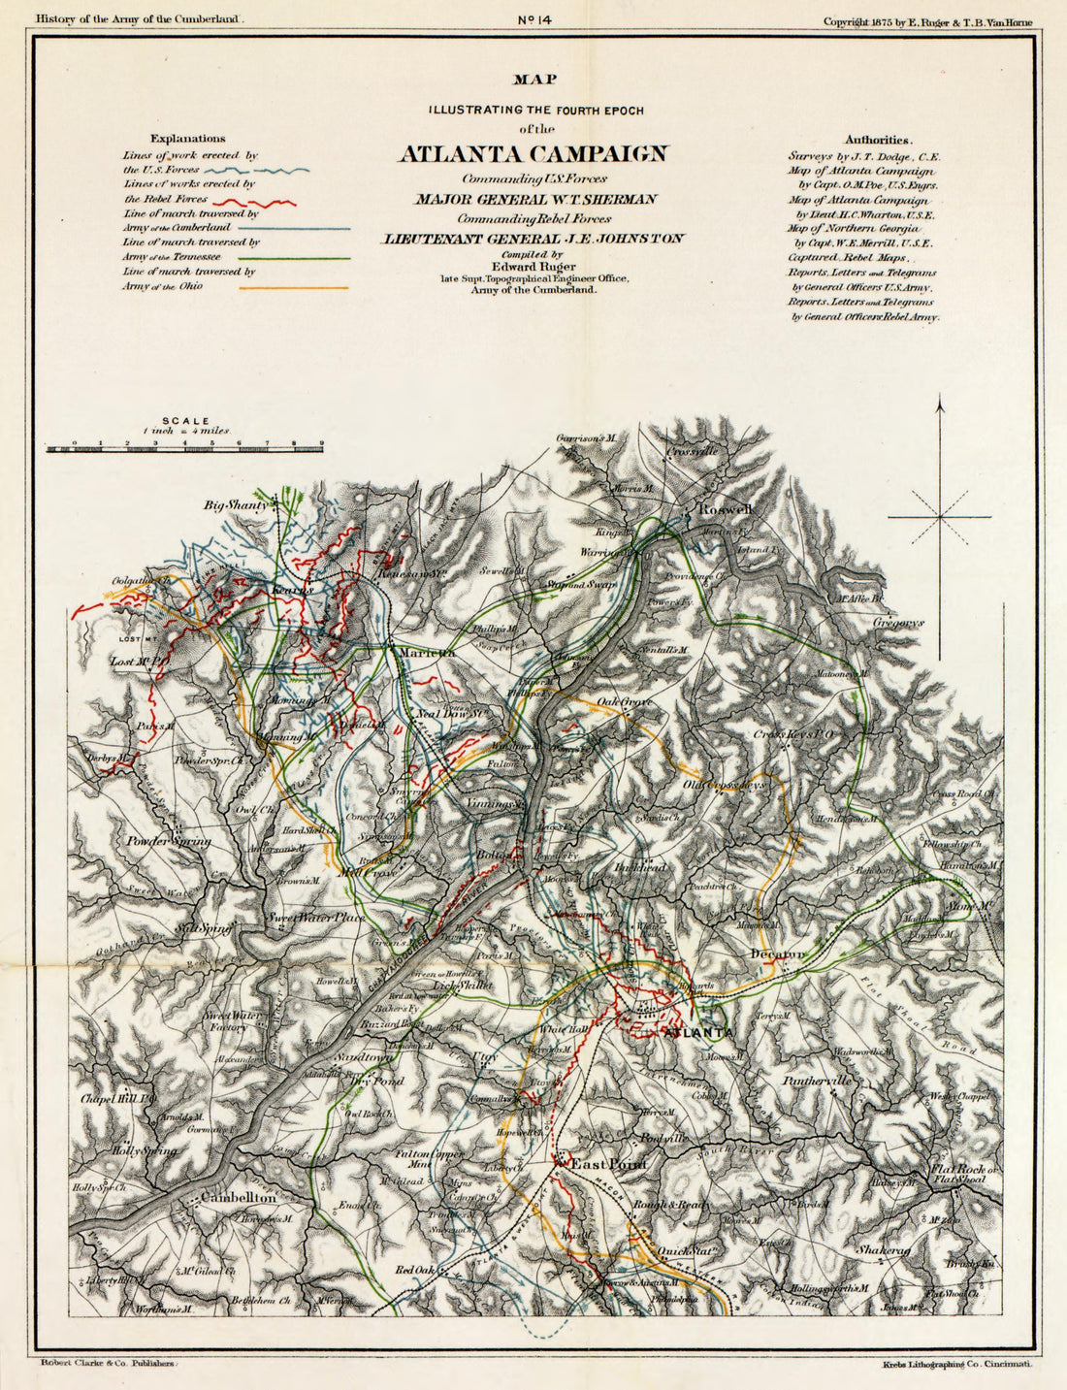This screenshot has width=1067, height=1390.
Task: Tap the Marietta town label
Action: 427,653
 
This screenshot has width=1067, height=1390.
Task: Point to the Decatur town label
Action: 777,954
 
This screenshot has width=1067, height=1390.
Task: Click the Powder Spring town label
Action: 169,841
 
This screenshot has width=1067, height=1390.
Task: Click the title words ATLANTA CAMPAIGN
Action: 533,154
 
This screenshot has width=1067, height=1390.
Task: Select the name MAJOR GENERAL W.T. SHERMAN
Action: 536,199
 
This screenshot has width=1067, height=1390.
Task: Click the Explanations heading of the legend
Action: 188,139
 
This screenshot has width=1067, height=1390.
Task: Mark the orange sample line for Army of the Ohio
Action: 293,288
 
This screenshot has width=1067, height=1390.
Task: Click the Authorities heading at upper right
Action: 877,139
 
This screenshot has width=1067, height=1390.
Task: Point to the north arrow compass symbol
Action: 939,517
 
